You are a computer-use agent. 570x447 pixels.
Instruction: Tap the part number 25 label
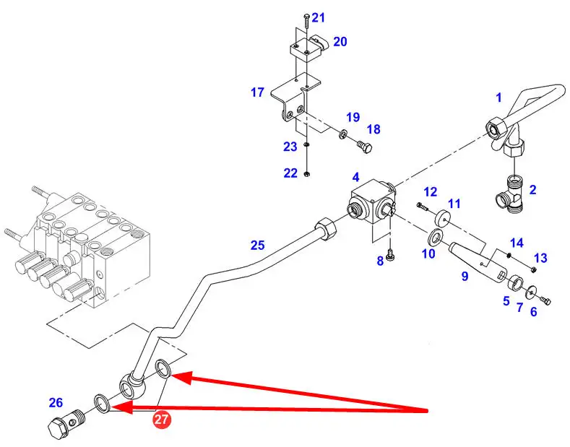pos(258,246)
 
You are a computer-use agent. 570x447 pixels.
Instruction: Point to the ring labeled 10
pos(436,236)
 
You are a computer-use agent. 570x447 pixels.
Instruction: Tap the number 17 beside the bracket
pos(258,92)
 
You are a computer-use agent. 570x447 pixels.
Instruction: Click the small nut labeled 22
pos(307,173)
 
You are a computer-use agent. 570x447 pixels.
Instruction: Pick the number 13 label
pos(540,259)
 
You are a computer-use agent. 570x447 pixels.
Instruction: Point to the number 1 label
pos(498,96)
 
